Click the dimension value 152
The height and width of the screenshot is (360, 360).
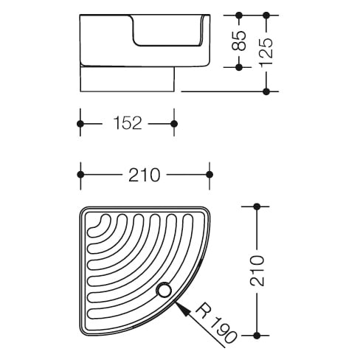[x=128, y=123]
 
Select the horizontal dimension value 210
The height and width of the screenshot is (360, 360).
[x=145, y=175]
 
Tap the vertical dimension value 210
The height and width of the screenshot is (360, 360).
[x=257, y=271]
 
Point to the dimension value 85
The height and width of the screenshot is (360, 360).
[x=239, y=41]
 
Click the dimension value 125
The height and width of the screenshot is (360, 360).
[x=266, y=52]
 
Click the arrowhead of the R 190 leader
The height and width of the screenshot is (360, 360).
[x=182, y=308]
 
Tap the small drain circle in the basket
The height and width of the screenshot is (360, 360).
[x=164, y=291]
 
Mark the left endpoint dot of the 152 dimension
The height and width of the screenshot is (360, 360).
[x=80, y=124]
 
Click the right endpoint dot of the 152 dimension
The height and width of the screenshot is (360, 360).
[x=174, y=124]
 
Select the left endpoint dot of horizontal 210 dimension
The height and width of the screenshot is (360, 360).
[x=80, y=175]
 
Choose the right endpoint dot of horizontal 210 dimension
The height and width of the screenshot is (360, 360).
[x=210, y=175]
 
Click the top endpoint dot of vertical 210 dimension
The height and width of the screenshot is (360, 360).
[x=257, y=207]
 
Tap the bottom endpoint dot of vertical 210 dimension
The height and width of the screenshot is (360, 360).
[x=257, y=335]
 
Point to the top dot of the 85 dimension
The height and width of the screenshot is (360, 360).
[x=239, y=15]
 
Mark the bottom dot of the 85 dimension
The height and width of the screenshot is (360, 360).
[x=239, y=67]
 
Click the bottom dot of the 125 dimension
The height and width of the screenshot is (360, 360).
[x=266, y=91]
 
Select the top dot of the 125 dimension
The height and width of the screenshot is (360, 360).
[x=266, y=15]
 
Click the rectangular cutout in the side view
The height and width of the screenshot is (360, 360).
[x=167, y=30]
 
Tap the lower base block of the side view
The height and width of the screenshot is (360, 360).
[x=127, y=79]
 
